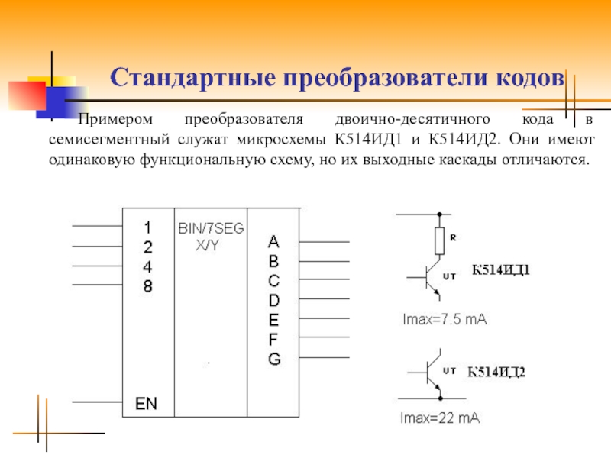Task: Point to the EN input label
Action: tap(146, 404)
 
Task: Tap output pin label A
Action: tap(273, 242)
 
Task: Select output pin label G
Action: tap(273, 359)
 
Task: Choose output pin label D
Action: tap(273, 300)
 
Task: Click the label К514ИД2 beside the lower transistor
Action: tap(497, 372)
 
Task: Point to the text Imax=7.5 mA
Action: tap(445, 320)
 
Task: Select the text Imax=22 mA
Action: tap(441, 418)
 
